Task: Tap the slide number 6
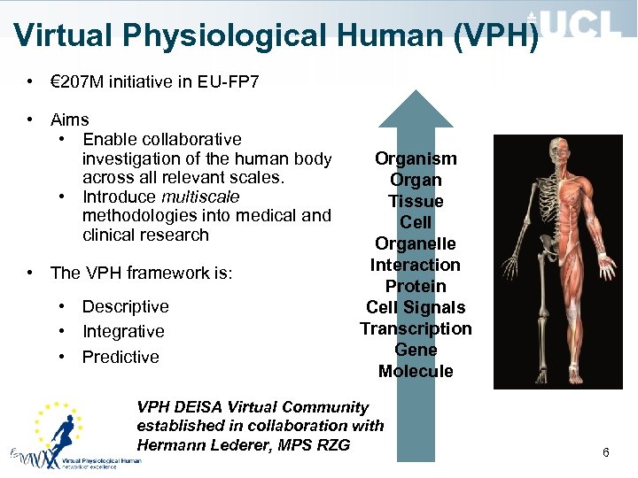coord(606,452)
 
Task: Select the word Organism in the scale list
coord(416,159)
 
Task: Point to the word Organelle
coord(416,243)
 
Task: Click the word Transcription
coord(416,328)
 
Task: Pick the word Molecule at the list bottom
coord(416,371)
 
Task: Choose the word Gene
coord(416,350)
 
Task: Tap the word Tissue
coord(416,201)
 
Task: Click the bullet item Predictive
coord(121,357)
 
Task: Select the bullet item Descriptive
coord(125,306)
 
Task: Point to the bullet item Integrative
coord(123,331)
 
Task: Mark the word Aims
coord(70,119)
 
